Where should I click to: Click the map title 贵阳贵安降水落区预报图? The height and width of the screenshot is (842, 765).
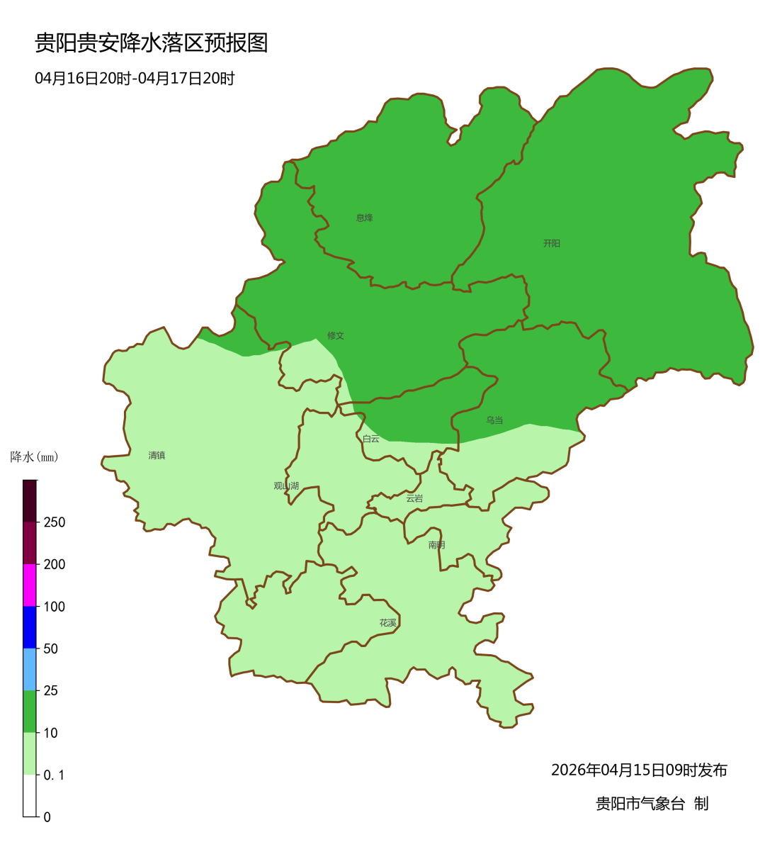152,43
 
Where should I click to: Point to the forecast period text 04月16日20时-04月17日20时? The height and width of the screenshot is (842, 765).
135,79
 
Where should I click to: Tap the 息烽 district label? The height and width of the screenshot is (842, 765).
364,218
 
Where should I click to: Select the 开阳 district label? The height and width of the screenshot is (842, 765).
551,243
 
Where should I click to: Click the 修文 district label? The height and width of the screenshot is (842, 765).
335,335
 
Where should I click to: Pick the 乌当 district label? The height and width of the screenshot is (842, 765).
494,420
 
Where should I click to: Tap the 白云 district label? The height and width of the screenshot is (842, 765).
370,439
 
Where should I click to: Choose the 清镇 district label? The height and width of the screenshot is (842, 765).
157,455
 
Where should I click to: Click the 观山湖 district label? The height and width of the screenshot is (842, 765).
286,485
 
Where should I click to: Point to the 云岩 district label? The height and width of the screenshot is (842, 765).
414,498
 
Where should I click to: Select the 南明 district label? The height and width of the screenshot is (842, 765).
436,545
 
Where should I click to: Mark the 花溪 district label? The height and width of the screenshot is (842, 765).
387,623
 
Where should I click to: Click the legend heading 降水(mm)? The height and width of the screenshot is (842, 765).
34,457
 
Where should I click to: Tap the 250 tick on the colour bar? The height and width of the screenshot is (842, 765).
54,522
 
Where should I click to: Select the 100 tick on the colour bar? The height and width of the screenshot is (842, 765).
54,607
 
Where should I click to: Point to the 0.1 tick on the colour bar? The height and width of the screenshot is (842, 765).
54,775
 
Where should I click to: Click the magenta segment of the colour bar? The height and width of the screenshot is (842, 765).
30,585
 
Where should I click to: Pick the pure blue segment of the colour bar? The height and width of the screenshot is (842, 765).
30,627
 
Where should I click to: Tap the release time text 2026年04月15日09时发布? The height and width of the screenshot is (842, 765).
639,770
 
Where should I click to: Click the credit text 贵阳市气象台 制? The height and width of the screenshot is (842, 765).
652,803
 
